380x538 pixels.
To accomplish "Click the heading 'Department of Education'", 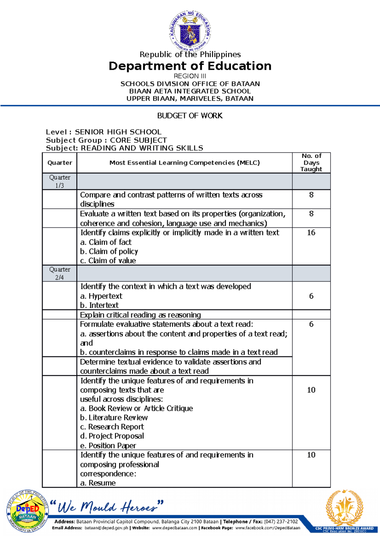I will [190, 66].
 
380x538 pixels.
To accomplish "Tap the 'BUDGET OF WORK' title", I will [190, 116].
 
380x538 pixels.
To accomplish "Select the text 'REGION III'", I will [190, 76].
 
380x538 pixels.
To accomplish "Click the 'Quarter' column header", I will [60, 163].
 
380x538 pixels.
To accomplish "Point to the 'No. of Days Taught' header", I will [311, 163].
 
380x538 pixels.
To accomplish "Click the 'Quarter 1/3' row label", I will [60, 181].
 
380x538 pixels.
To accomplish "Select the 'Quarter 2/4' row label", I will [60, 273].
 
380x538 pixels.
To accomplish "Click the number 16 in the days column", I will [311, 233].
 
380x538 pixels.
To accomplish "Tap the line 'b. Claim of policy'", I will [109, 251].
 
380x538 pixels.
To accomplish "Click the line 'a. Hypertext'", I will [101, 296].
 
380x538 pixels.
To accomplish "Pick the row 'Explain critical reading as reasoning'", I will [140, 315].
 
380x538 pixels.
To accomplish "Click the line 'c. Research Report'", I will [112, 427].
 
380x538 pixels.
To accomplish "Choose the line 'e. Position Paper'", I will [108, 445].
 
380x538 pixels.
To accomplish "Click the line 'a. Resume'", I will [98, 483].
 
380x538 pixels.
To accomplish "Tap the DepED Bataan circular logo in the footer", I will [28, 512].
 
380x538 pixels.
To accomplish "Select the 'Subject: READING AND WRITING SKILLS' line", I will [124, 148].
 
